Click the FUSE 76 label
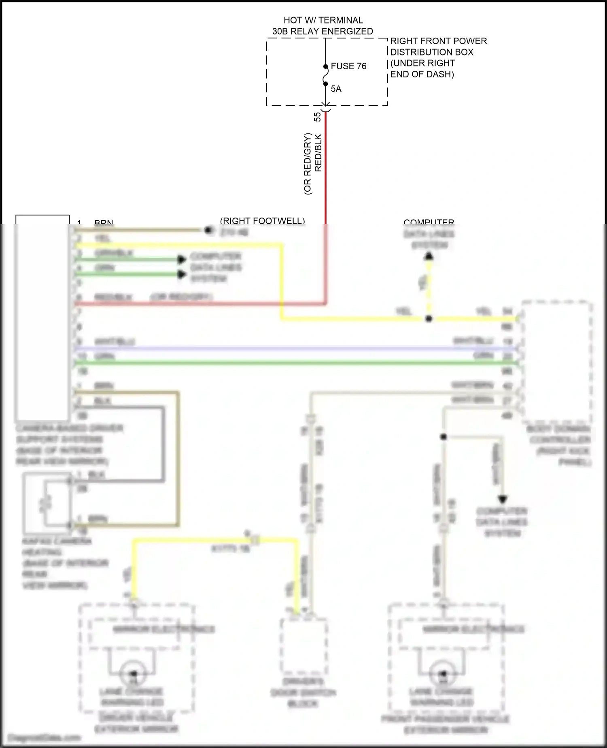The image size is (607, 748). (348, 66)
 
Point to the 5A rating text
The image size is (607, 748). (336, 89)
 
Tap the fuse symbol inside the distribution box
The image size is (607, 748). (325, 75)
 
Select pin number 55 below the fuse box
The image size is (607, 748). (318, 117)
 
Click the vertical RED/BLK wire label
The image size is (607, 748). (318, 153)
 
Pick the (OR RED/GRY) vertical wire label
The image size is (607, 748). (308, 164)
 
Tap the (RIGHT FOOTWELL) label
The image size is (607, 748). (262, 221)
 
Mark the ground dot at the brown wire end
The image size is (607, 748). (208, 230)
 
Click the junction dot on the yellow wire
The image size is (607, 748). (429, 319)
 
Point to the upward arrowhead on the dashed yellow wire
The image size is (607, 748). (429, 256)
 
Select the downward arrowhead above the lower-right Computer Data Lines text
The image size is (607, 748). (503, 499)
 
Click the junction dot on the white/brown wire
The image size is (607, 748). (444, 437)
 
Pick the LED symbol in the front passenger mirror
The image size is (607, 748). (442, 673)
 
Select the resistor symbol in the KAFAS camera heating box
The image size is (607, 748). (45, 503)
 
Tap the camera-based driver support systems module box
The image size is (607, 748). (42, 318)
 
